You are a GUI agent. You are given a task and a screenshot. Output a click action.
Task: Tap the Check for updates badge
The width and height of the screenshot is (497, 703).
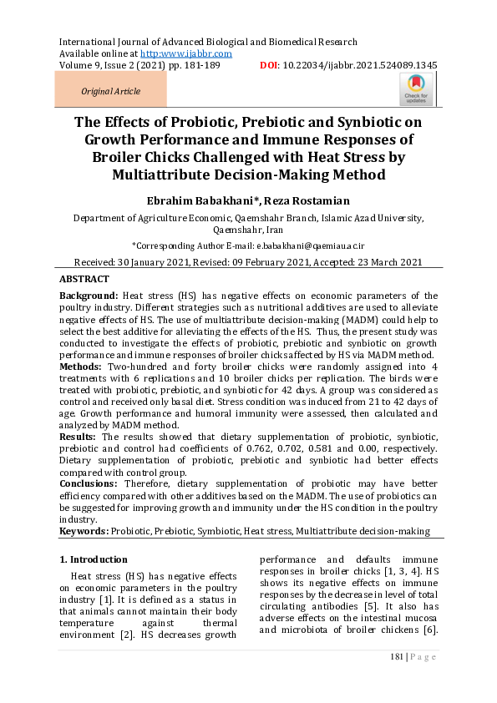[417, 89]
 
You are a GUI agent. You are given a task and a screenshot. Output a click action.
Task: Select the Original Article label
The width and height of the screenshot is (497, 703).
[110, 91]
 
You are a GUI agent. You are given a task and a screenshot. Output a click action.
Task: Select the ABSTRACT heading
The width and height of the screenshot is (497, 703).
[84, 279]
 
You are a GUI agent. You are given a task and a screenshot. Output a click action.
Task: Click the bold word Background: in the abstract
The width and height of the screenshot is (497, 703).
[88, 296]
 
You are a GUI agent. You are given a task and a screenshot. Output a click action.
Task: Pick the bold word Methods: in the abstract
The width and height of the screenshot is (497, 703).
[81, 367]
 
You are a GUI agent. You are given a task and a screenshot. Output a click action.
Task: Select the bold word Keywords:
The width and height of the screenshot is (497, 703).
[84, 531]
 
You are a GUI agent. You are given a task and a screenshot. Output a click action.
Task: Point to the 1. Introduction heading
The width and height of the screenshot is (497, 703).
[94, 559]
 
